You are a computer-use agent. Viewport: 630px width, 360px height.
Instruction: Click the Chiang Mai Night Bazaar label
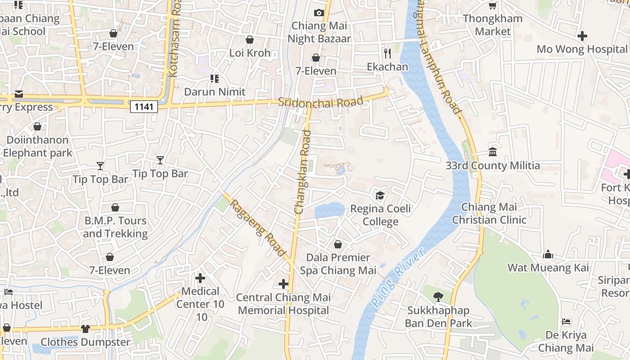coord(319,32)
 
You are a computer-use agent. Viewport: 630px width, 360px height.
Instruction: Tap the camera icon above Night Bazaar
coord(319,13)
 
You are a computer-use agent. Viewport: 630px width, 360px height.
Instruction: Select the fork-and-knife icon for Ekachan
coord(387,54)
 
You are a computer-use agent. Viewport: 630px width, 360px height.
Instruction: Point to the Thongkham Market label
coord(493,25)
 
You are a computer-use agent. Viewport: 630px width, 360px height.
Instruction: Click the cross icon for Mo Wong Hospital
coord(582,36)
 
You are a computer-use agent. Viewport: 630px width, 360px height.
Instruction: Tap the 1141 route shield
coord(144,107)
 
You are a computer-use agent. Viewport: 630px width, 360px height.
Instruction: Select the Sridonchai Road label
coord(320,102)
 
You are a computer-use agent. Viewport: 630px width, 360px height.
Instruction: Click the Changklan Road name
coord(303,172)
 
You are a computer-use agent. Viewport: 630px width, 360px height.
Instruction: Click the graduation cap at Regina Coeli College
coord(380,195)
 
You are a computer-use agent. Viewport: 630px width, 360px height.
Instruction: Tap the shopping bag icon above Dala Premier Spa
coord(338,244)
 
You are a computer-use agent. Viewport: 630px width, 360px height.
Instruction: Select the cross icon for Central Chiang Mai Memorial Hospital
coord(283,284)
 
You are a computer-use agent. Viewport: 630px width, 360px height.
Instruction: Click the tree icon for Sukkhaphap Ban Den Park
coord(438,297)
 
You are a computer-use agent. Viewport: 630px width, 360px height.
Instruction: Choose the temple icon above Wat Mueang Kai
coord(548,254)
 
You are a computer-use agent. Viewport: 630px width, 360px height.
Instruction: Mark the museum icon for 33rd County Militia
coord(493,152)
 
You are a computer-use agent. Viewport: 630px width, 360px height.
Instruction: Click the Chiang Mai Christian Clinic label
coord(489,213)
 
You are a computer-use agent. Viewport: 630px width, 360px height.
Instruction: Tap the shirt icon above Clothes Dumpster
coord(85,328)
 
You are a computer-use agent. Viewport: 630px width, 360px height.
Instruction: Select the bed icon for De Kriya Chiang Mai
coord(566,322)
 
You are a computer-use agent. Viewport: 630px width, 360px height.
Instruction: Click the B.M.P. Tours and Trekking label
coord(115,227)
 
